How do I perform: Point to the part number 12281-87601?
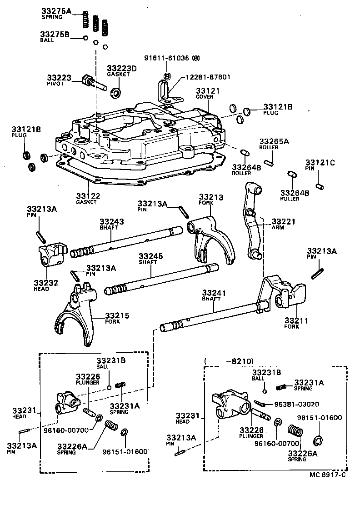coord(207,77)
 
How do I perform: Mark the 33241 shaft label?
coord(214,294)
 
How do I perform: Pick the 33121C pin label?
coord(320,163)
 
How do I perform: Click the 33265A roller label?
coord(274,141)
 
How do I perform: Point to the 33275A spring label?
coord(56,11)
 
